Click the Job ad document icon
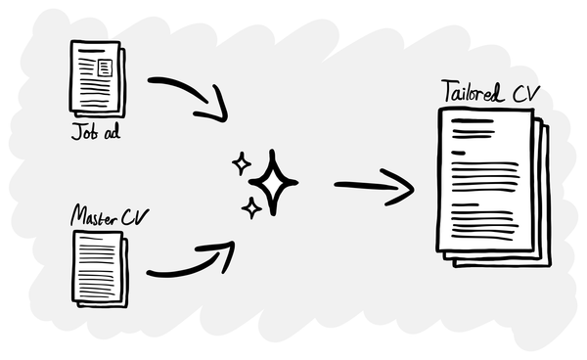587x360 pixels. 96,81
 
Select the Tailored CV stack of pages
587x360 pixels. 492,186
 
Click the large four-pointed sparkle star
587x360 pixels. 273,183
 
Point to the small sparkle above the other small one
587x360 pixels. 241,163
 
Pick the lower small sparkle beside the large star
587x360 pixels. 250,206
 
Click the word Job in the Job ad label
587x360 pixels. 81,132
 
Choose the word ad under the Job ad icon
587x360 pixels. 111,132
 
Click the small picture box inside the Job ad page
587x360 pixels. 104,67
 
